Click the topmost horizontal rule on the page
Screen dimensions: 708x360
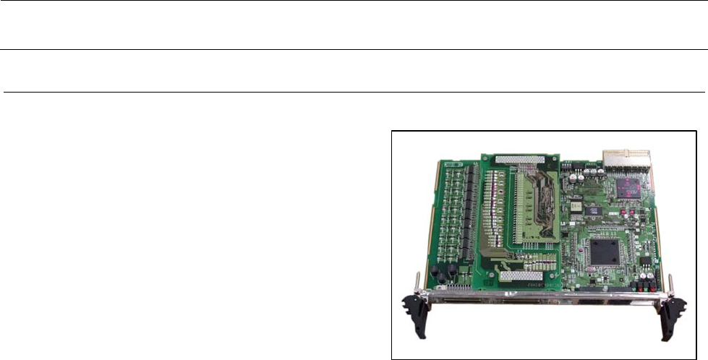tap(354, 1)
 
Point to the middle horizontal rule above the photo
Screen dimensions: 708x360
tap(354, 50)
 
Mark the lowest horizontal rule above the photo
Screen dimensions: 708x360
tap(354, 93)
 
